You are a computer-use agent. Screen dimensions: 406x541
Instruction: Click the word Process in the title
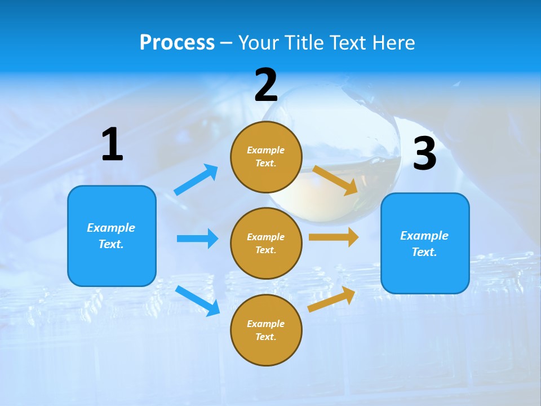[177, 42]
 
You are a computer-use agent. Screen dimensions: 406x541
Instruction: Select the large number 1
[112, 144]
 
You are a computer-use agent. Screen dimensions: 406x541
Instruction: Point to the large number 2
[266, 85]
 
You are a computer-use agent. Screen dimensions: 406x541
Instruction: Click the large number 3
[424, 154]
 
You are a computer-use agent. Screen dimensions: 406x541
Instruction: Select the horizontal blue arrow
[197, 239]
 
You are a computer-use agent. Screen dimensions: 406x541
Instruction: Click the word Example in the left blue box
[111, 228]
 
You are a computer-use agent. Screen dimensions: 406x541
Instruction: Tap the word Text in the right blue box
[424, 252]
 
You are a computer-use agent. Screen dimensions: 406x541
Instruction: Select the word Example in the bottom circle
[266, 324]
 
